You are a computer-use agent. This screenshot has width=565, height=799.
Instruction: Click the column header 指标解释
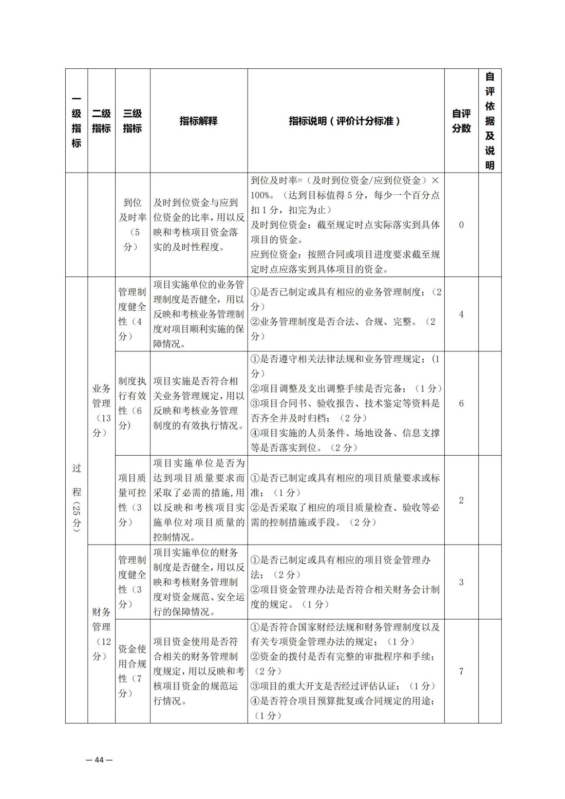(198, 121)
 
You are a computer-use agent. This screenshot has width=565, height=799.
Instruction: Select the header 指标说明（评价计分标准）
(345, 121)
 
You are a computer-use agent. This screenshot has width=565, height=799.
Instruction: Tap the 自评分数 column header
(461, 121)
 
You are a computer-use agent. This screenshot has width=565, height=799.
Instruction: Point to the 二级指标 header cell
(101, 121)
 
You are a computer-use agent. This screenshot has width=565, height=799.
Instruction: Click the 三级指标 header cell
(132, 121)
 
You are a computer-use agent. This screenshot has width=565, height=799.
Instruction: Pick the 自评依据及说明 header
(489, 121)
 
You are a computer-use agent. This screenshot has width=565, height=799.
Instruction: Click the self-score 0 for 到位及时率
(461, 225)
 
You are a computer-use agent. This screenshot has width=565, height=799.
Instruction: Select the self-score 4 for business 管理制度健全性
(461, 314)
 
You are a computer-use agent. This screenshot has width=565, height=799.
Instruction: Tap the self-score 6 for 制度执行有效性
(461, 403)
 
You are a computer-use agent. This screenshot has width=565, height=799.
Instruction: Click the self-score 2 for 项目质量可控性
(461, 500)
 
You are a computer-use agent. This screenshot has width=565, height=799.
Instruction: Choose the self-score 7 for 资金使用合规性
(461, 671)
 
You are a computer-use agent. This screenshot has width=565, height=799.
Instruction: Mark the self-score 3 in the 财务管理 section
(461, 582)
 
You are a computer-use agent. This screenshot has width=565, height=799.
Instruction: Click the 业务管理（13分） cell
(101, 411)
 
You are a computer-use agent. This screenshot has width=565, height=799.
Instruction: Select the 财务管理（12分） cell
(101, 634)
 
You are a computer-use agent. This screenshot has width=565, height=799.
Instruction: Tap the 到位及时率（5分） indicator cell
(132, 225)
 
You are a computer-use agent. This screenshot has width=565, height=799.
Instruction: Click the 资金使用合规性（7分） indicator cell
(132, 671)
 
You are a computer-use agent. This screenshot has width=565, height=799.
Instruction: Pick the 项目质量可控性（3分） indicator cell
(132, 500)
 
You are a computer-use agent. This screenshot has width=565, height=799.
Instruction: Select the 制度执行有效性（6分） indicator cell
(132, 403)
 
